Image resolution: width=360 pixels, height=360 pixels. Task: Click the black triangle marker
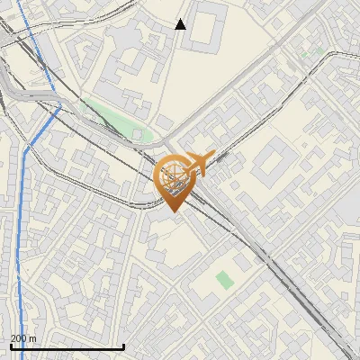coord(181,24)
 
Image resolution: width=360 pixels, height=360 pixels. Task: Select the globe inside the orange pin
coord(174,177)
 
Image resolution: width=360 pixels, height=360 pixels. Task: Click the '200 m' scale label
coord(23,338)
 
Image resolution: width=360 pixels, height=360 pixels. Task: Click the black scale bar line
coord(67,346)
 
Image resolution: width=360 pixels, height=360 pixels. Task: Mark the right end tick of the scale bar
coord(123,346)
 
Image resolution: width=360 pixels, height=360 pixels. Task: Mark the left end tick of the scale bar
coord(10,346)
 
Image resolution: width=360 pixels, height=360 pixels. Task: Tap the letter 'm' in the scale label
coord(32,338)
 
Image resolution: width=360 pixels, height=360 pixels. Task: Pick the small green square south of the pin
coord(225,280)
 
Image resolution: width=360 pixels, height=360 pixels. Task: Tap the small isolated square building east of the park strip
coord(166,121)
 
